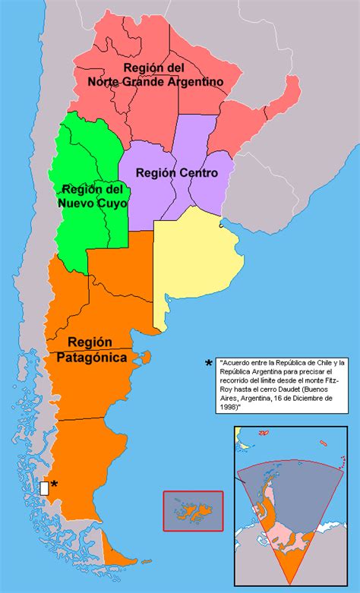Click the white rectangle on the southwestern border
[44, 487]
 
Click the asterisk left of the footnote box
[208, 364]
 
